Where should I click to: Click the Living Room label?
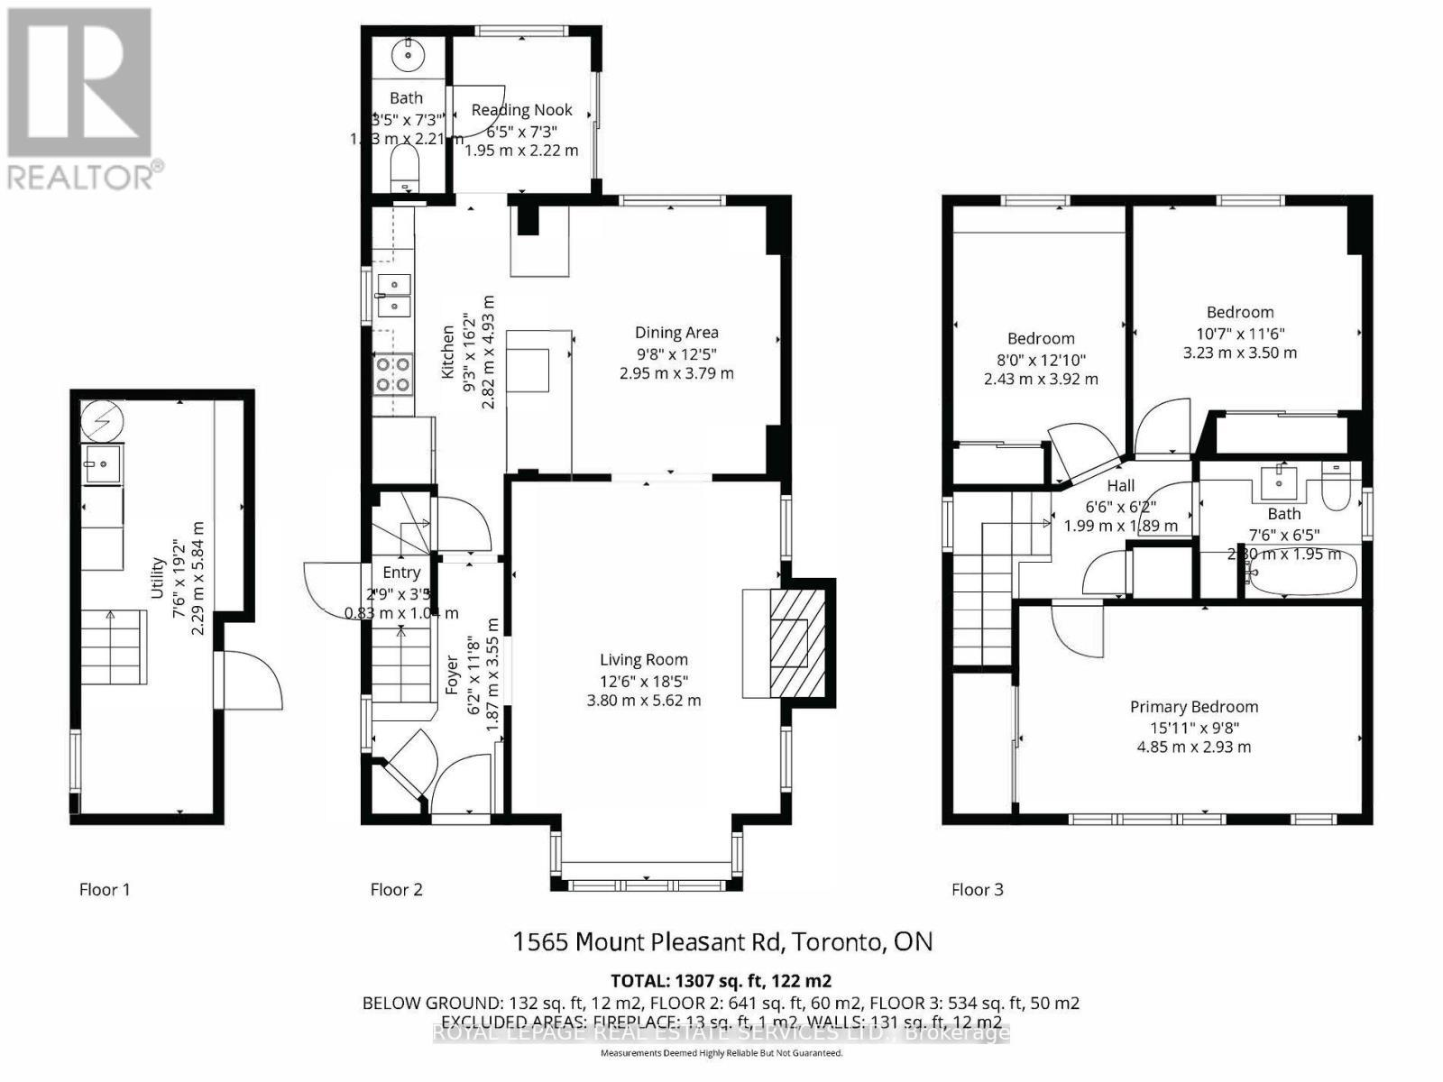644,660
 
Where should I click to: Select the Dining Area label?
676,333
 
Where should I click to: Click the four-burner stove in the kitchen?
393,373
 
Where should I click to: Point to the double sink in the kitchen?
393,296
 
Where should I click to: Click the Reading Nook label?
521,110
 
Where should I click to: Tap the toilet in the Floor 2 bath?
406,168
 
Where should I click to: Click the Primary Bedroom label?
1194,707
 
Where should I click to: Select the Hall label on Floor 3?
1121,486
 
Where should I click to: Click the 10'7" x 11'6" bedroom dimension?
1239,333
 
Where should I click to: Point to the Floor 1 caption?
105,890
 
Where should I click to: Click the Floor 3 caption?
977,890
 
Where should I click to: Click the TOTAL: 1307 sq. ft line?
721,981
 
